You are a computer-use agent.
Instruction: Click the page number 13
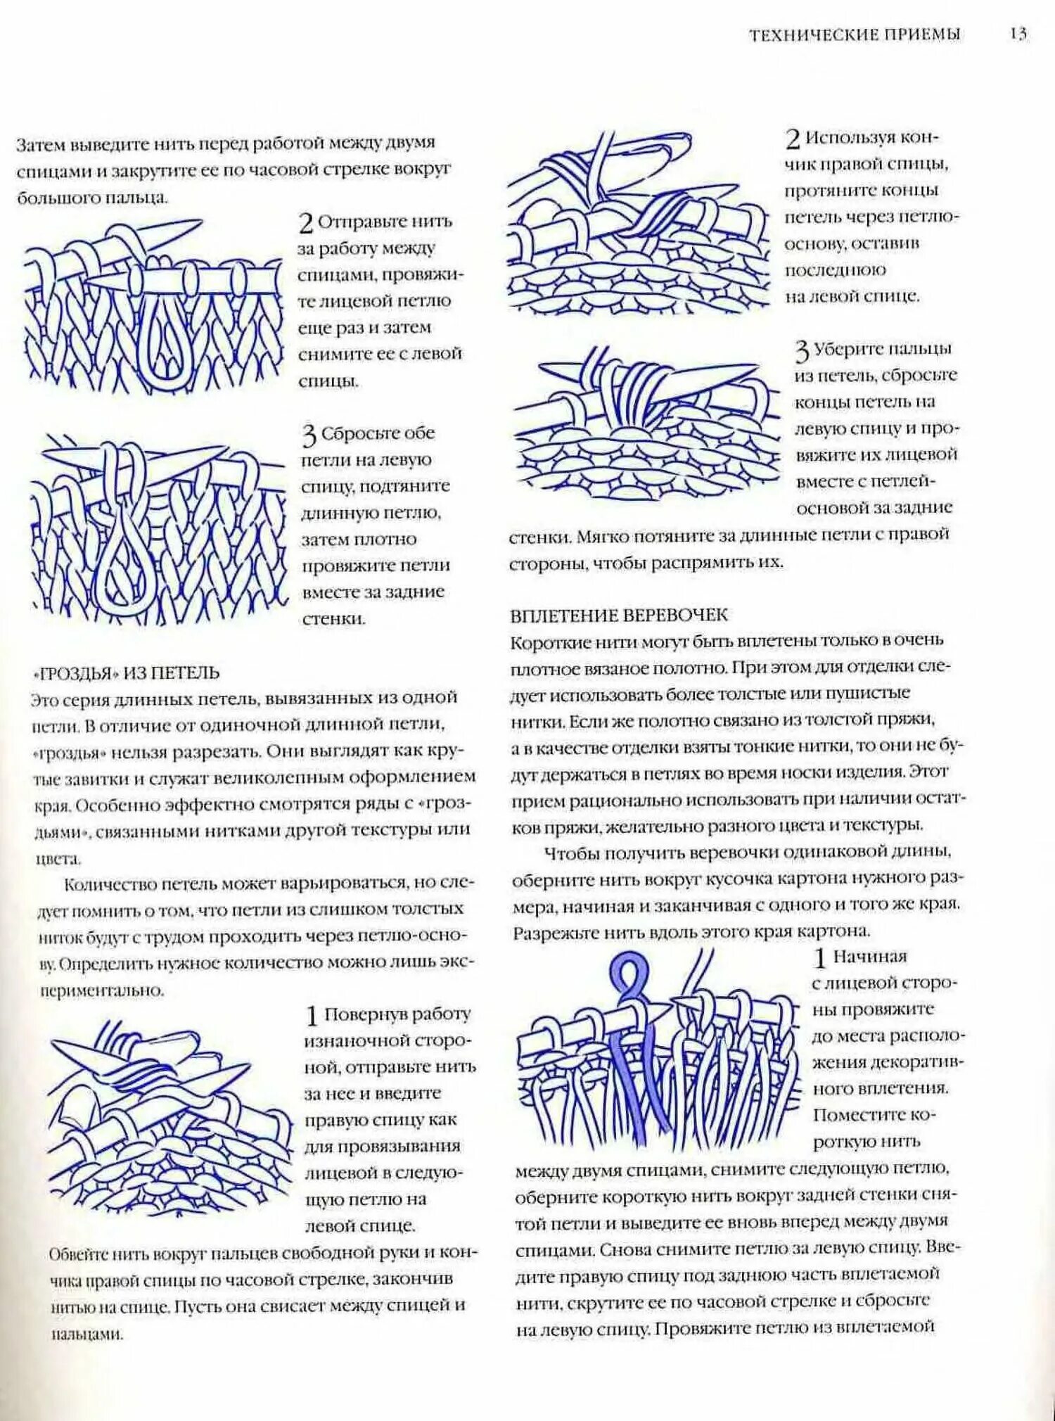[x=1018, y=34]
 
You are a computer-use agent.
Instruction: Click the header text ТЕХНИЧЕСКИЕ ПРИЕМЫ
[x=855, y=34]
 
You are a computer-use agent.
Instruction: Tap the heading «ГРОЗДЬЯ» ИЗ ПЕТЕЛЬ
[x=127, y=673]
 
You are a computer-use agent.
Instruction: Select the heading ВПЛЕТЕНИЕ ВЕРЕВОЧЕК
[x=619, y=616]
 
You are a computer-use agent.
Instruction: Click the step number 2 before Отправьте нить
[x=306, y=224]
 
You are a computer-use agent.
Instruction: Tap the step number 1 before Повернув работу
[x=312, y=1017]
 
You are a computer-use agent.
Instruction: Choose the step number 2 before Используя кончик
[x=793, y=139]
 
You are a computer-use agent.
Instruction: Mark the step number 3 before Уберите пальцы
[x=803, y=351]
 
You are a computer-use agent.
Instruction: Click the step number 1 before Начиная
[x=819, y=958]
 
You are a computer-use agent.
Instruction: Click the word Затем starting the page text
[x=40, y=144]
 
